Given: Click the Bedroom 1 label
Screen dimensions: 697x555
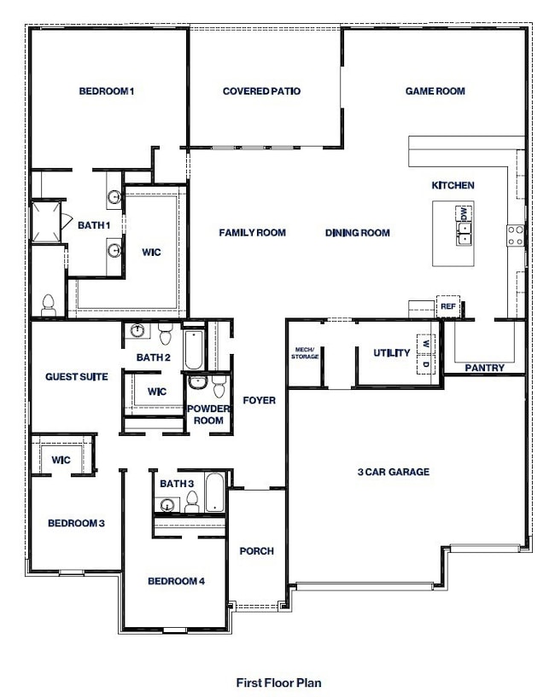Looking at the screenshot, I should [108, 91].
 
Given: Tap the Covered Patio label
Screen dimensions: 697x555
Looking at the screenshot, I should [261, 91].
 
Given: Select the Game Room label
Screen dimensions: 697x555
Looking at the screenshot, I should [435, 91].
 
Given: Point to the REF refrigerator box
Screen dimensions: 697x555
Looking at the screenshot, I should [447, 306].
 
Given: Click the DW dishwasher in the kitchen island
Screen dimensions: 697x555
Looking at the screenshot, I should [464, 214].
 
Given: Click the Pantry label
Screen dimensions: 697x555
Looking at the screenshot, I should [484, 369].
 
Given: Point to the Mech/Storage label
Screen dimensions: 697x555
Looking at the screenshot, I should [305, 353].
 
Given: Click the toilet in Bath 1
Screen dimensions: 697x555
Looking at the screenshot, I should [49, 304].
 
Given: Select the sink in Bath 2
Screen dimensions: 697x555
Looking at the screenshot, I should [138, 331].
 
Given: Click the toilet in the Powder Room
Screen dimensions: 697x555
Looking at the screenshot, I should [219, 388].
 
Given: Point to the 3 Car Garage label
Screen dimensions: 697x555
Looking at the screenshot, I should [393, 472].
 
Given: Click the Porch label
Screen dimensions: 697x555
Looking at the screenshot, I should [256, 551].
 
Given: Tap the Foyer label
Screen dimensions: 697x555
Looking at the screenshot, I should [259, 400].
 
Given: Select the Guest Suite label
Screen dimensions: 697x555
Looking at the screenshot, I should [77, 376].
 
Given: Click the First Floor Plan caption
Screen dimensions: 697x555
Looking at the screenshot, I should [278, 682].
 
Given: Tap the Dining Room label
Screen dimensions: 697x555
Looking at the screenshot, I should [357, 233].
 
